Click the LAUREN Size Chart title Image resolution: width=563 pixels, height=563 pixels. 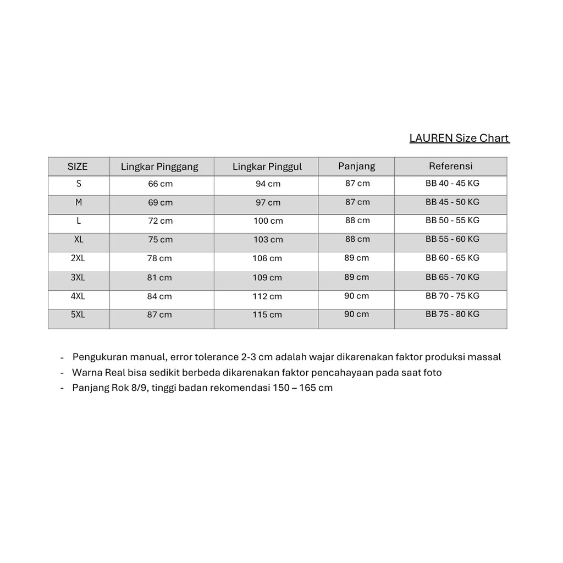pyautogui.click(x=459, y=138)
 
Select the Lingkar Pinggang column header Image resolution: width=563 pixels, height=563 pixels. pyautogui.click(x=159, y=167)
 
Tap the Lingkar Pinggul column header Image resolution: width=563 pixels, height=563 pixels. pyautogui.click(x=267, y=167)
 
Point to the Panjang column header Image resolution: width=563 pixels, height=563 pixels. pyautogui.click(x=356, y=166)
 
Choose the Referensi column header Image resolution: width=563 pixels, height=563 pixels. pyautogui.click(x=451, y=166)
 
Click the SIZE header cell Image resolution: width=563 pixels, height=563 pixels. pyautogui.click(x=78, y=167)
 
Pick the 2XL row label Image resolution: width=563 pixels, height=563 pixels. pyautogui.click(x=78, y=258)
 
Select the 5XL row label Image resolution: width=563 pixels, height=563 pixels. pyautogui.click(x=78, y=314)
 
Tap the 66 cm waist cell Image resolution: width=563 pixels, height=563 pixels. pyautogui.click(x=160, y=184)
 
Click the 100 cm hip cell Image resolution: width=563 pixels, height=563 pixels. pyautogui.click(x=268, y=221)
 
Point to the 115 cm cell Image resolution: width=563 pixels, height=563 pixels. pyautogui.click(x=268, y=315)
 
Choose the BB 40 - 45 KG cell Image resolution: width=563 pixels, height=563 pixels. pyautogui.click(x=452, y=183)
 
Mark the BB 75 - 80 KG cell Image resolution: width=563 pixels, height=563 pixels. pyautogui.click(x=452, y=314)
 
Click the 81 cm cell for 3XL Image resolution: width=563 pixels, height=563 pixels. pyautogui.click(x=159, y=278)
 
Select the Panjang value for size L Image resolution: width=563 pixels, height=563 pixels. pyautogui.click(x=357, y=220)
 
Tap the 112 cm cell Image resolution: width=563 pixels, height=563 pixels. pyautogui.click(x=268, y=296)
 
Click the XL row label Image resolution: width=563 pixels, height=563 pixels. pyautogui.click(x=79, y=239)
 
